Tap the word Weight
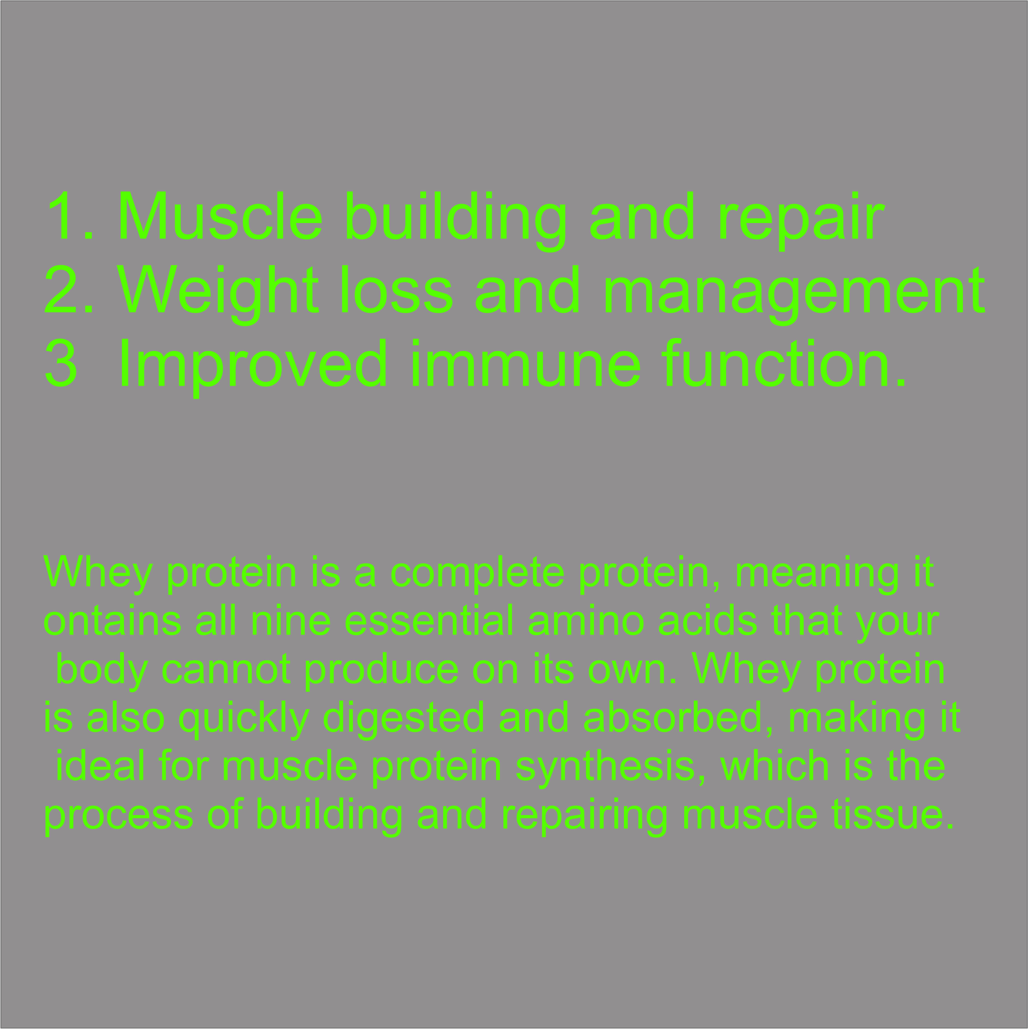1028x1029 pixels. pyautogui.click(x=218, y=292)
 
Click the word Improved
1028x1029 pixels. pyautogui.click(x=253, y=366)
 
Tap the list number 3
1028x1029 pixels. pyautogui.click(x=61, y=363)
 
